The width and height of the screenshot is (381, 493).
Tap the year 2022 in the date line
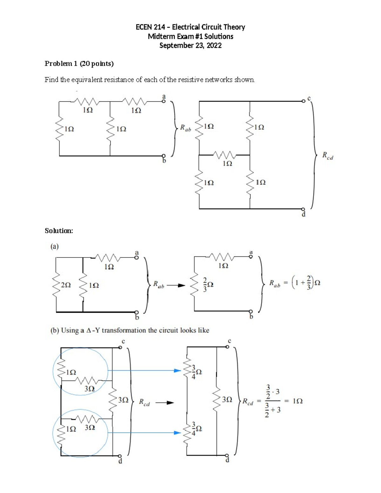(214, 45)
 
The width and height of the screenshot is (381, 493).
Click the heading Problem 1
(61, 63)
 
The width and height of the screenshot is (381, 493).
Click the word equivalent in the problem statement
(85, 80)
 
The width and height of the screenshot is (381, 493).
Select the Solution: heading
(59, 231)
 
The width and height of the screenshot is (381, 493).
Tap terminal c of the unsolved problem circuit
(304, 101)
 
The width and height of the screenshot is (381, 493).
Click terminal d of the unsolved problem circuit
(303, 210)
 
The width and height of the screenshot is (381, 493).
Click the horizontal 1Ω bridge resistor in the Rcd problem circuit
(224, 155)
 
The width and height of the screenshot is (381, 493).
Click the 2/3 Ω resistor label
(208, 284)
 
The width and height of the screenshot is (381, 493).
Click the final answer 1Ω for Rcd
(297, 401)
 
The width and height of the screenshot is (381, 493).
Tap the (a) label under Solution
(55, 246)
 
